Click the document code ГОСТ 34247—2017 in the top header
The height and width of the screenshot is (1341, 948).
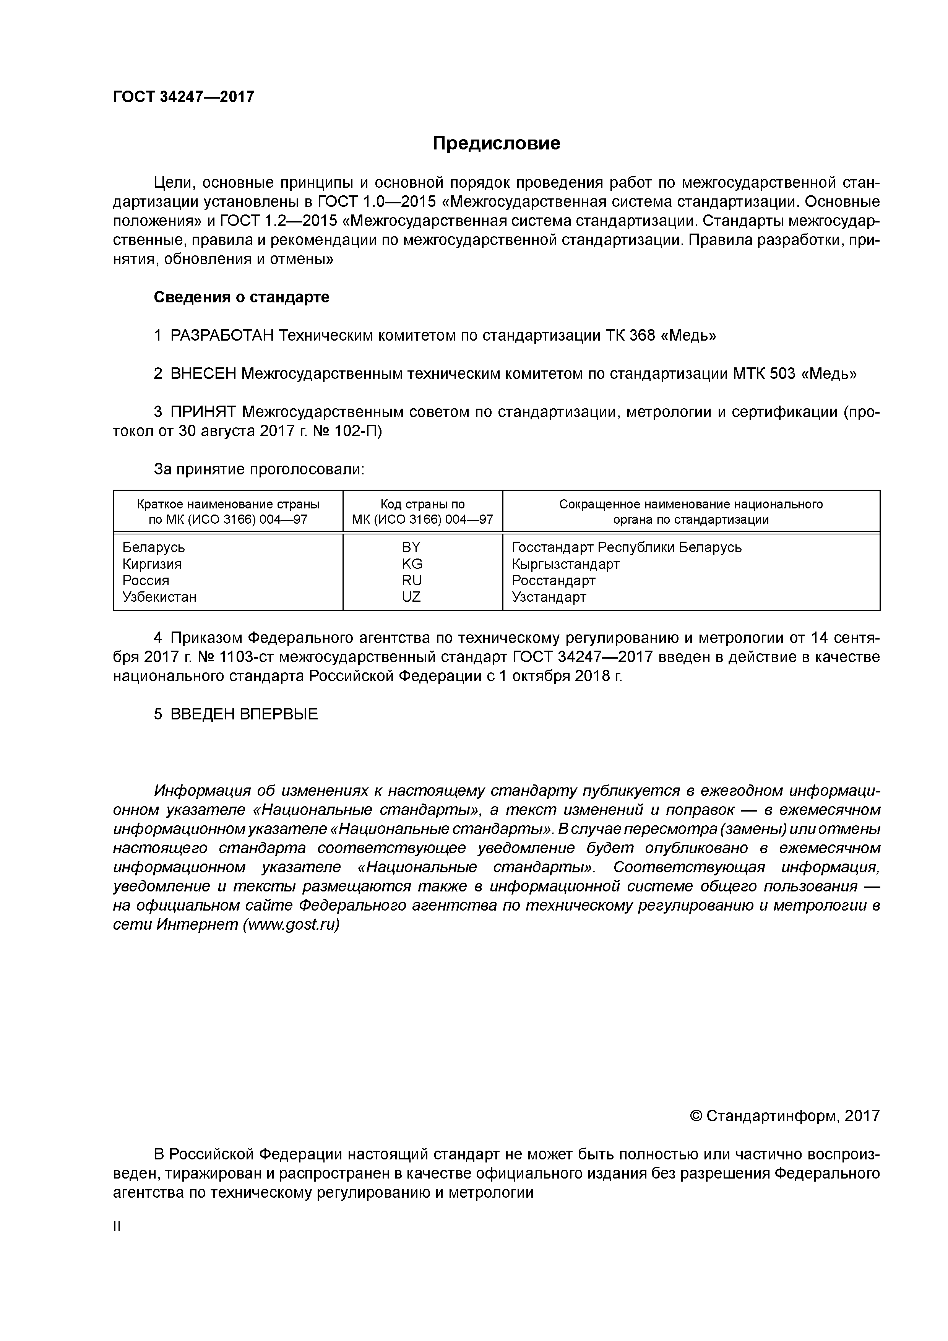(183, 96)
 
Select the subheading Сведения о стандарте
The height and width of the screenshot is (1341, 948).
(241, 297)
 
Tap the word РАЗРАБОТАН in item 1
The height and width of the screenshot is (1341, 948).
(222, 336)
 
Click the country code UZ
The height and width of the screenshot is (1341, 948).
(411, 597)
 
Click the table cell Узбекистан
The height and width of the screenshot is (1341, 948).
(159, 597)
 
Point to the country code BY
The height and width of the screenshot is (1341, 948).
(411, 547)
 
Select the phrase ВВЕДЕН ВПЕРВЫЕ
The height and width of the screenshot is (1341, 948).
(243, 714)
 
